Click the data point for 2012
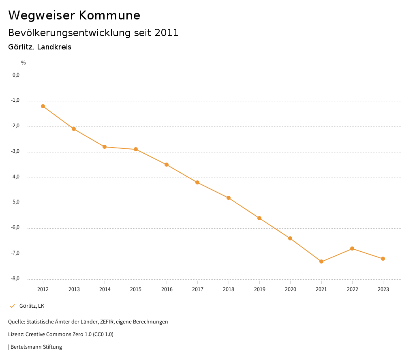tap(43, 106)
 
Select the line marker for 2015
tap(136, 149)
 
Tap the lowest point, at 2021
tap(321, 261)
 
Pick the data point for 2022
tap(352, 249)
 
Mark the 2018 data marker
tap(229, 198)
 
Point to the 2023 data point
tap(383, 259)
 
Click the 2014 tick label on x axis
tap(105, 289)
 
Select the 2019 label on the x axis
tap(259, 289)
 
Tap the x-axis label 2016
tap(167, 289)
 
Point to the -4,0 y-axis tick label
tap(15, 177)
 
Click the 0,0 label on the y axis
tap(16, 75)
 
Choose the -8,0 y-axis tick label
tap(15, 279)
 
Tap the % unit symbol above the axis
tap(24, 63)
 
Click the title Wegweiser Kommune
tap(74, 15)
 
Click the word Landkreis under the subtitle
tap(54, 47)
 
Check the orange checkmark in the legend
tap(12, 306)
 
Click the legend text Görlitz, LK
tap(32, 306)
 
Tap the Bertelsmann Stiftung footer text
tap(36, 347)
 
